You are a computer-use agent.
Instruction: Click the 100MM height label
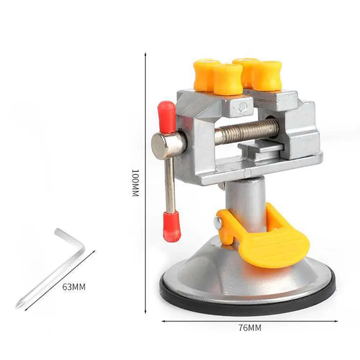click(x=135, y=183)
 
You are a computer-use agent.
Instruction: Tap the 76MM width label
click(x=249, y=328)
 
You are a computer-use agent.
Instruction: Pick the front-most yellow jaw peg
click(x=228, y=80)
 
